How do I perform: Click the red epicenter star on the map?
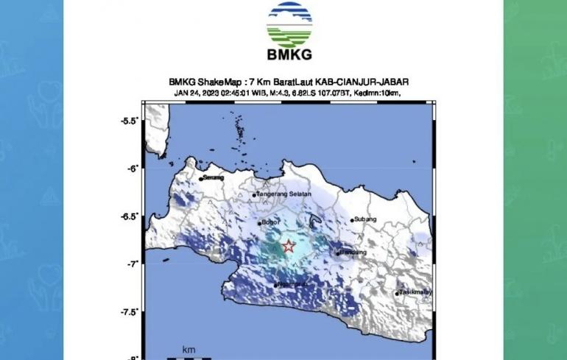[289, 247]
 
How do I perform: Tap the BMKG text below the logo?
[289, 54]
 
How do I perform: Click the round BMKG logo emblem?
[289, 24]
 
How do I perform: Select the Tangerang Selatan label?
[285, 194]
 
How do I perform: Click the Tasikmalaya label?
[415, 292]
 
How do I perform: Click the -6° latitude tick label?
[133, 169]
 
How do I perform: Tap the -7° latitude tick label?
[133, 264]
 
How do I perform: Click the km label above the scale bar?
[189, 349]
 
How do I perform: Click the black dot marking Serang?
[200, 179]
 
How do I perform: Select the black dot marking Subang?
[353, 220]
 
